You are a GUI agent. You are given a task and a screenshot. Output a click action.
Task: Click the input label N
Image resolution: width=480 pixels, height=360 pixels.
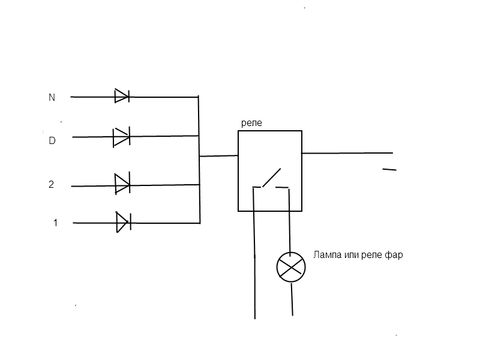pos(52,97)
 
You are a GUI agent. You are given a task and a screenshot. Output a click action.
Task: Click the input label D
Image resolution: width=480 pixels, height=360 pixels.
pos(52,141)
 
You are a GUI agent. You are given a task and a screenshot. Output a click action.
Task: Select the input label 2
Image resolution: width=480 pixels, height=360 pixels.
pos(52,185)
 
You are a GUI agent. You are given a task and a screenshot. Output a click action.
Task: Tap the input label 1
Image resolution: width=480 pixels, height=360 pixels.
pos(55,223)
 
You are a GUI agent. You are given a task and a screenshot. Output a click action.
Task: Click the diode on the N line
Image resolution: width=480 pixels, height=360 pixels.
pos(122,96)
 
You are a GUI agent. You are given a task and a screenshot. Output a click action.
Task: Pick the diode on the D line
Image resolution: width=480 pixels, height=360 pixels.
pos(122,137)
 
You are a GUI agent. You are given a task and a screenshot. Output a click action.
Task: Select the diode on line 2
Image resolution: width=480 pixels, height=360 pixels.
pos(122,183)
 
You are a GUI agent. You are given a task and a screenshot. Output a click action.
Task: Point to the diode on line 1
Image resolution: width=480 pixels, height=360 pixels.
pos(123,222)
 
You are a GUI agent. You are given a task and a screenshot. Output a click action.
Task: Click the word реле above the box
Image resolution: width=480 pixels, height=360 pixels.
pos(251,122)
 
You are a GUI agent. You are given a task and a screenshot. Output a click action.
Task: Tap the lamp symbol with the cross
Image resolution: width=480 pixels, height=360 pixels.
pos(291,267)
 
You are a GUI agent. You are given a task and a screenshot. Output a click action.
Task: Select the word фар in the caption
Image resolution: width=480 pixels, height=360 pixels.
pos(394,255)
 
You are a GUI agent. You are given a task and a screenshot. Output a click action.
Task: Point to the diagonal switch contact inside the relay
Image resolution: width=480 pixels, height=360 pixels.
pos(271,178)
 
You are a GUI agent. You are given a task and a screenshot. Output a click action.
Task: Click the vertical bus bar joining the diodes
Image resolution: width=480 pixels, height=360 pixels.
pos(199,159)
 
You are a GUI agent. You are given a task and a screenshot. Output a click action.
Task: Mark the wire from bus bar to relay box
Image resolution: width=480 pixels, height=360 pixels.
pos(218,156)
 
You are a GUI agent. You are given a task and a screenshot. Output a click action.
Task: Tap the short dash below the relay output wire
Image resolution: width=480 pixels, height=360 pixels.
pos(389,170)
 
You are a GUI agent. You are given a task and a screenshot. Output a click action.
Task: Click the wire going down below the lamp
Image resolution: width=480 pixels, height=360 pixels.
pos(292,299)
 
